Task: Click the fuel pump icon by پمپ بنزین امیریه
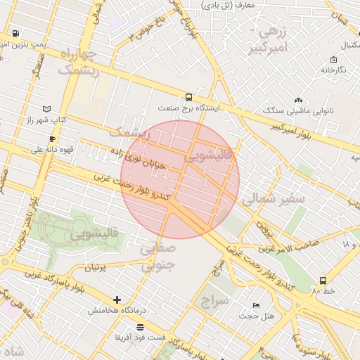click(15, 34)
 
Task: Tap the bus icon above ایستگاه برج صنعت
click(188, 97)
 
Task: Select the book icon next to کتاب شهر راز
click(46, 110)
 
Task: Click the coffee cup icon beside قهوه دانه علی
click(52, 139)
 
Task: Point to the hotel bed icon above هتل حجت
click(256, 305)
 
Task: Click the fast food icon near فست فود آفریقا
click(141, 327)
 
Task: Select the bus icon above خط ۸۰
click(323, 281)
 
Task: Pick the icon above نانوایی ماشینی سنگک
click(298, 101)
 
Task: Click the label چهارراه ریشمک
click(78, 62)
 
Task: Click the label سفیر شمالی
click(274, 200)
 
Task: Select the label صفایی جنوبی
click(155, 258)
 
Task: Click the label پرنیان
click(98, 268)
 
